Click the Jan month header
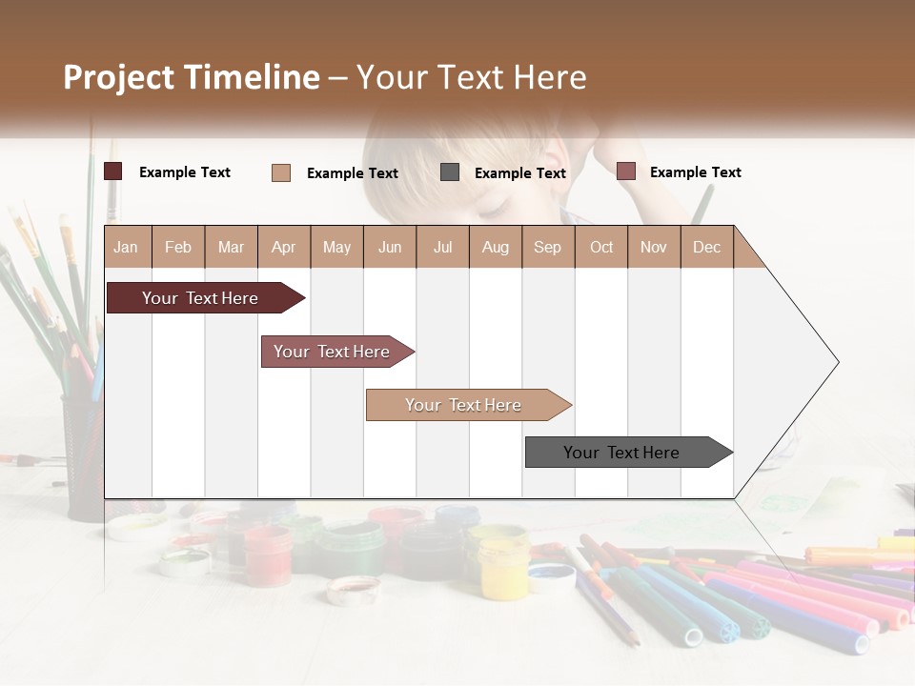click(126, 247)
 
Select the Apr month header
click(283, 247)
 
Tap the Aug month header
click(495, 247)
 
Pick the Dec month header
click(706, 247)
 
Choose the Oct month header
click(600, 247)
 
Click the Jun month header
click(389, 247)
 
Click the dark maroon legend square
click(113, 171)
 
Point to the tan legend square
click(281, 172)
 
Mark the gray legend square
click(450, 172)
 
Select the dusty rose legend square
click(625, 171)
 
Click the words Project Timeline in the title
click(191, 77)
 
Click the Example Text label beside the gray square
click(519, 173)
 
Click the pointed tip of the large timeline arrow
click(837, 362)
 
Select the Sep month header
click(547, 247)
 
